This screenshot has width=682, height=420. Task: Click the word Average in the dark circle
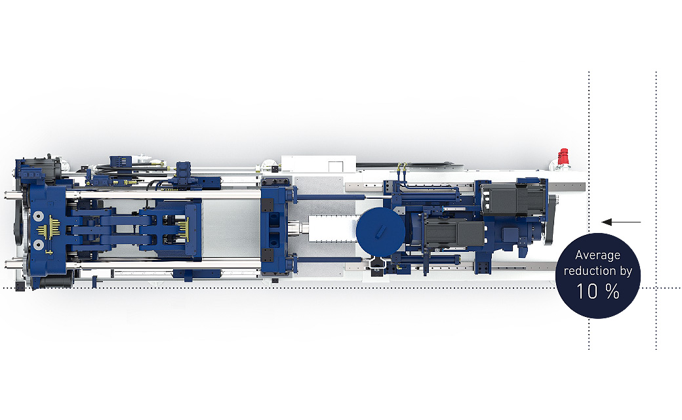point(597,255)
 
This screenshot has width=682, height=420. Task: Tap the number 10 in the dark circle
point(587,291)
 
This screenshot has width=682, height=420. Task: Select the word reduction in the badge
point(590,271)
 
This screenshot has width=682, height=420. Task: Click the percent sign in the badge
point(612,291)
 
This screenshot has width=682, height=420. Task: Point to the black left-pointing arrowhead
point(607,222)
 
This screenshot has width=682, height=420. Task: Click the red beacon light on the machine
point(563,157)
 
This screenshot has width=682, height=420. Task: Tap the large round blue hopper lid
point(380,231)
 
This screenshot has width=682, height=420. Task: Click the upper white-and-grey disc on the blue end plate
point(38,217)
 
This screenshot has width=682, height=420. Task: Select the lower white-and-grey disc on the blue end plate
point(38,244)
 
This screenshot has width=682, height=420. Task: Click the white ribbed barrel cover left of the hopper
point(331,230)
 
